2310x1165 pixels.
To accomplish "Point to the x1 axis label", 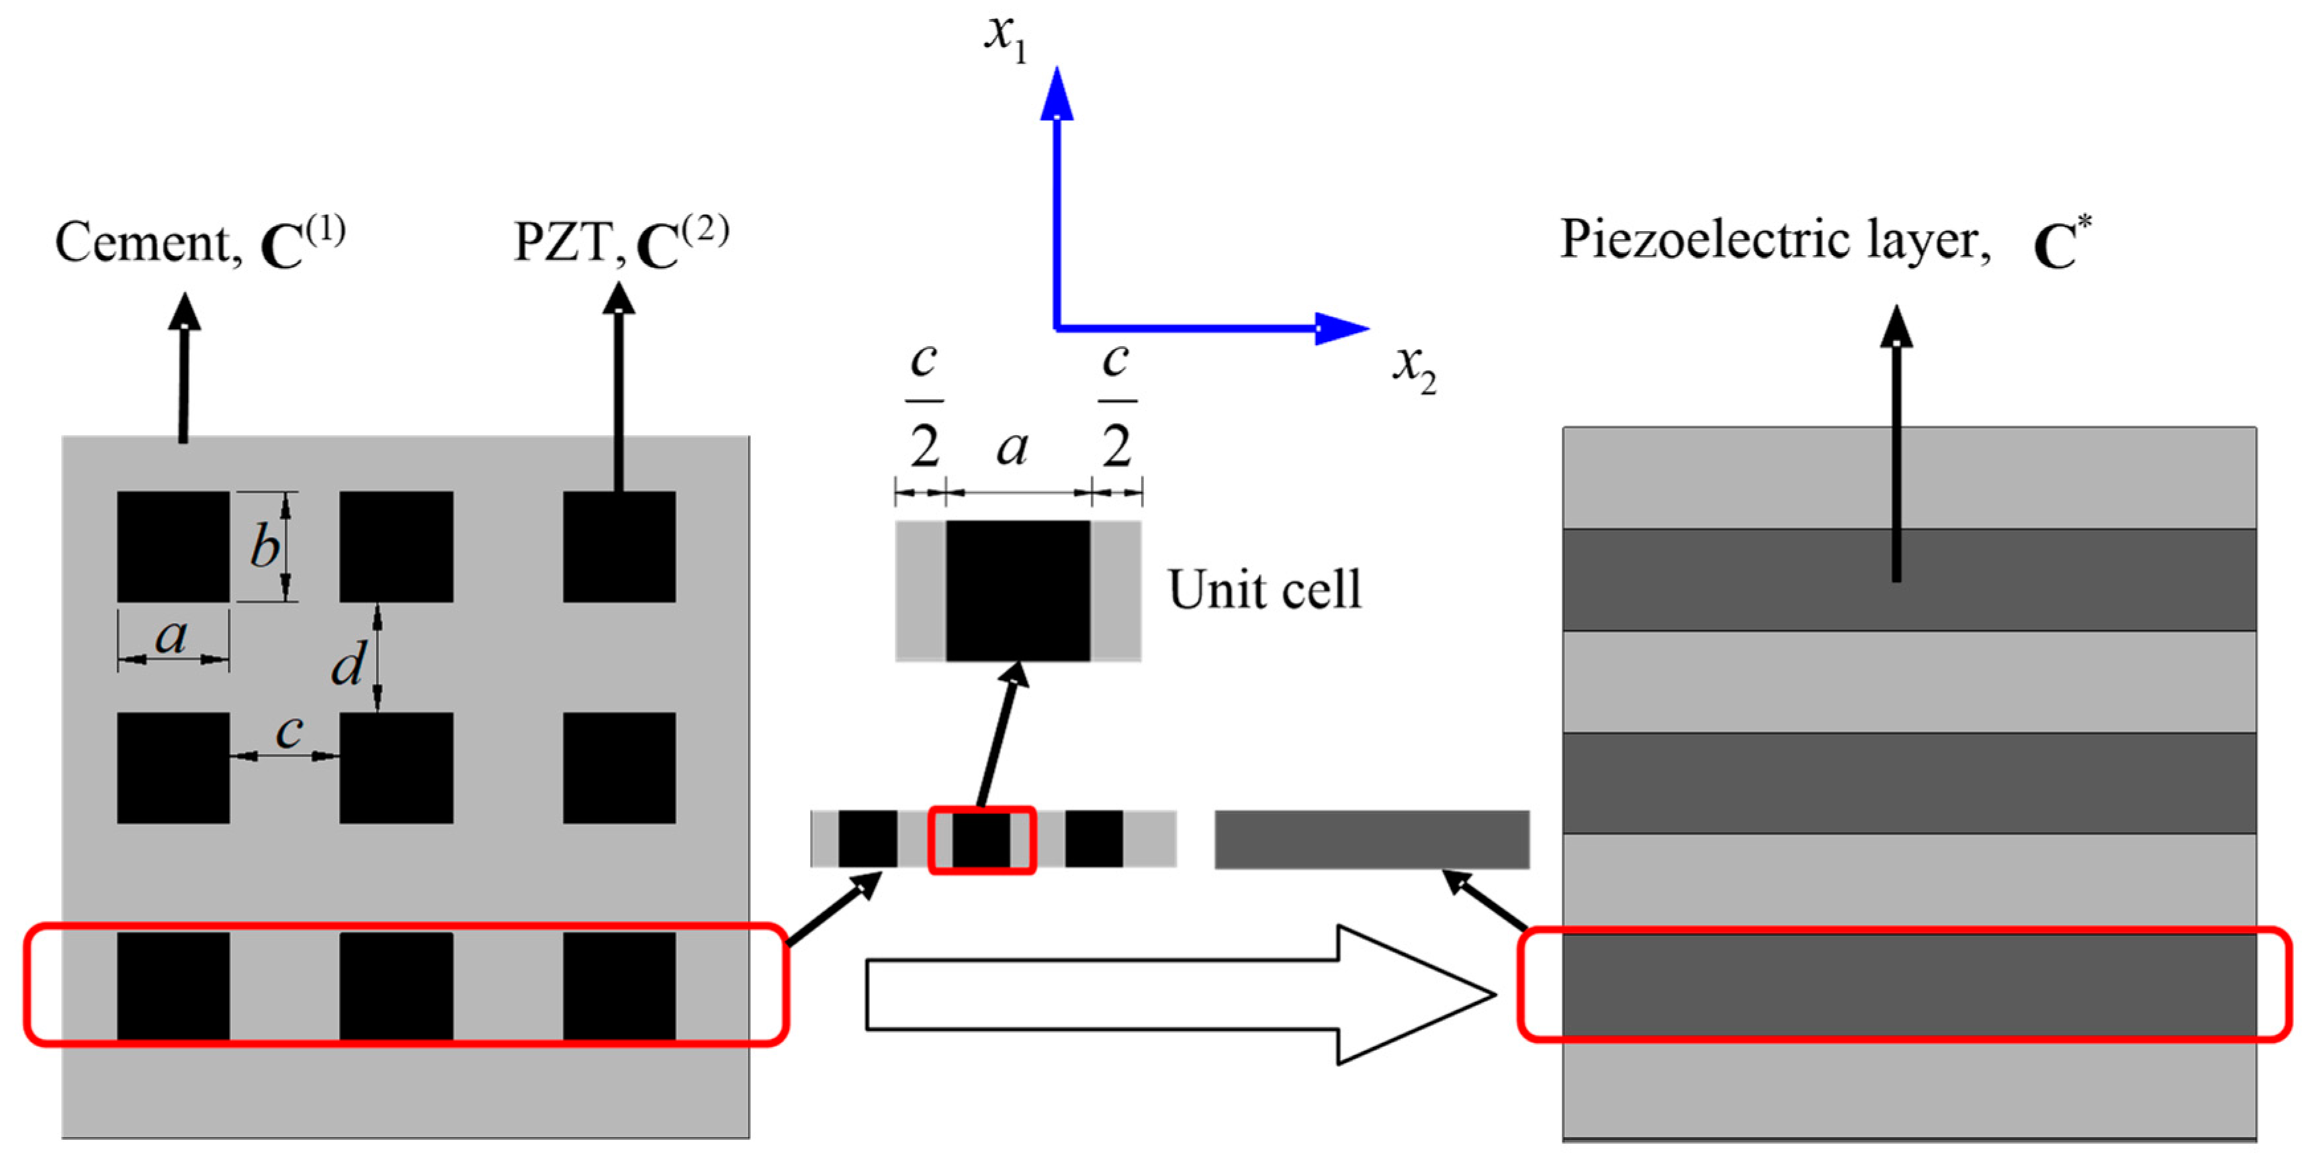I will [1004, 38].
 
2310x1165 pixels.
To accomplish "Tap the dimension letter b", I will [265, 547].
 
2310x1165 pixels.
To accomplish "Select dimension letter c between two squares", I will [289, 731].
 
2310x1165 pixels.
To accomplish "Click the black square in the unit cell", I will [1018, 591].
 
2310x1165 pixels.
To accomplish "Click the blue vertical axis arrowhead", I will [1056, 94].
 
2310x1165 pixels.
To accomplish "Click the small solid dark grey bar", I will [1371, 839].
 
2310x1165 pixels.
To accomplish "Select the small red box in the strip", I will [982, 839].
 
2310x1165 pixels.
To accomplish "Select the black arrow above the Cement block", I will [184, 368].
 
